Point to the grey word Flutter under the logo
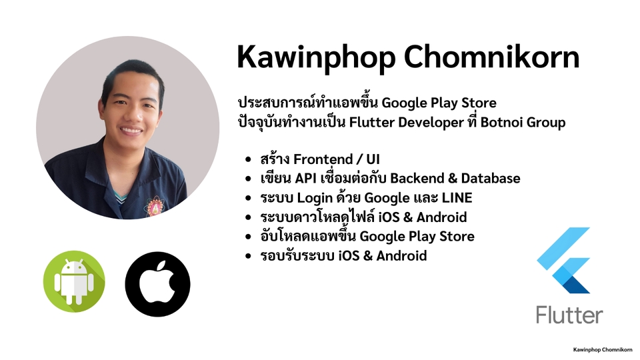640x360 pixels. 569,315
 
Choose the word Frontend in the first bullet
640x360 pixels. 325,160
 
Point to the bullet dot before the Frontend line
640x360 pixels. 249,160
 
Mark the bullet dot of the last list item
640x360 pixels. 249,256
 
